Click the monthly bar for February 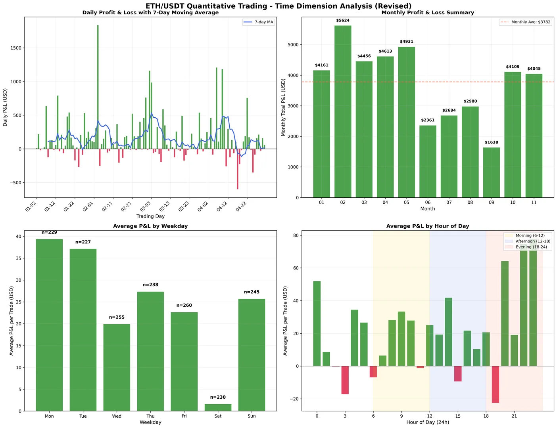point(343,111)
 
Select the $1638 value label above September point(492,142)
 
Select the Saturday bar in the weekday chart point(218,407)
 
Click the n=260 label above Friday point(184,306)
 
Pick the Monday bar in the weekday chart point(49,325)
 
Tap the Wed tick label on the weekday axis point(117,416)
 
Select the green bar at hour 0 point(317,323)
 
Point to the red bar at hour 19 point(496,384)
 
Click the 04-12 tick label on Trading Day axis point(222,207)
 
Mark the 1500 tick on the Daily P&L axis point(15,48)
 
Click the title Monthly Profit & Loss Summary point(428,13)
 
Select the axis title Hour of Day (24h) point(428,422)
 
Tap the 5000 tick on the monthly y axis point(293,45)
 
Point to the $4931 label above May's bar point(407,42)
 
